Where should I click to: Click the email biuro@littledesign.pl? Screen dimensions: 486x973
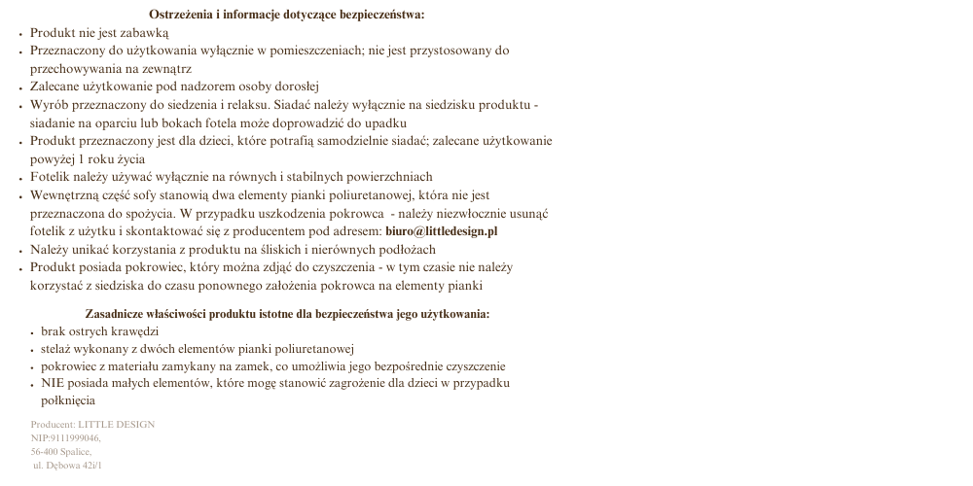tap(442, 231)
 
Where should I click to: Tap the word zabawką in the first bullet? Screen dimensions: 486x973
tap(146, 32)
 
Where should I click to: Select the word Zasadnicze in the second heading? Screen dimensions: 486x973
tap(116, 314)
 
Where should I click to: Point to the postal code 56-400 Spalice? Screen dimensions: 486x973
tap(61, 452)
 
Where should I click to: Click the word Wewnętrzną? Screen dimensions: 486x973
tap(64, 195)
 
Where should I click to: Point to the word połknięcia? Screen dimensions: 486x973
tap(68, 400)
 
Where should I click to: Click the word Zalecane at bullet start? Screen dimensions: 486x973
tap(56, 87)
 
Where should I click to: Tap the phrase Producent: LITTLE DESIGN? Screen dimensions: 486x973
tap(92, 425)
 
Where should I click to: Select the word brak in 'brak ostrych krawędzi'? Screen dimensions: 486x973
tap(54, 331)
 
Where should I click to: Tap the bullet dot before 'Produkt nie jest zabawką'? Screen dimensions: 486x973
tap(21, 33)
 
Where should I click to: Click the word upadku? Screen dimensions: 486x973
tap(386, 123)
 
